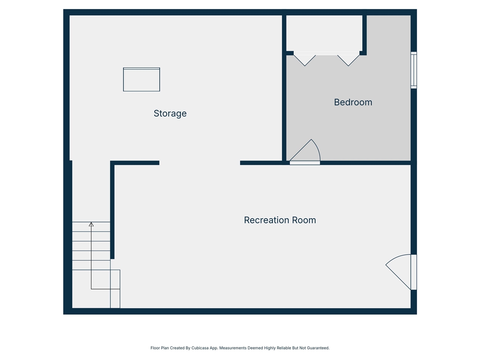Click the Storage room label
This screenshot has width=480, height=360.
point(170,113)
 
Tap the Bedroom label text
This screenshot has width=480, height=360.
point(353,102)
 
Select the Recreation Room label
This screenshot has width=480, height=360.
point(280,220)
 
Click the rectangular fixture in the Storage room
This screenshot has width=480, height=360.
point(141,79)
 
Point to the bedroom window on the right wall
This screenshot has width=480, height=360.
point(414,70)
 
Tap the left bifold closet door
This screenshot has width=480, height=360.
point(304,59)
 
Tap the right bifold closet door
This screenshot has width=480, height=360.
point(348,59)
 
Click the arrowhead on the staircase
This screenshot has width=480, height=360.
point(91,224)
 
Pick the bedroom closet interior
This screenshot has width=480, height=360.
point(324,33)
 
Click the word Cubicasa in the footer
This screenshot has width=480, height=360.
point(200,348)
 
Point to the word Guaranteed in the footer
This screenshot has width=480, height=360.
point(317,348)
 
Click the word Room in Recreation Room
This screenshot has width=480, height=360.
point(304,220)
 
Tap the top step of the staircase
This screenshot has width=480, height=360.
point(91,226)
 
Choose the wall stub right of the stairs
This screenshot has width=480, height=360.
point(112,210)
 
